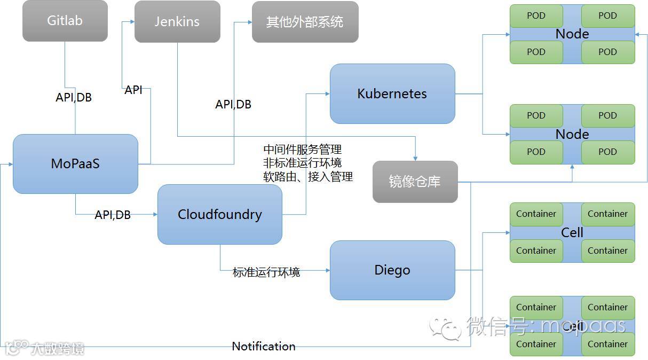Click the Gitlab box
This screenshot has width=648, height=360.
(65, 21)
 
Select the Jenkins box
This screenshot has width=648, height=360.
(177, 21)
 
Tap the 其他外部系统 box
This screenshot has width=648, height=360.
(305, 22)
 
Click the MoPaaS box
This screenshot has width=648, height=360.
(75, 164)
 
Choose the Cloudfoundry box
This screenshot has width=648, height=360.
(219, 214)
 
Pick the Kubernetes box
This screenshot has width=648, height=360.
(392, 93)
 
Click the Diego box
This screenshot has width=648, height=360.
(392, 270)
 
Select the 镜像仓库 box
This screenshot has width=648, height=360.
(415, 182)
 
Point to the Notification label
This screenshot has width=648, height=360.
(264, 346)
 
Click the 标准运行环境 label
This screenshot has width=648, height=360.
(266, 272)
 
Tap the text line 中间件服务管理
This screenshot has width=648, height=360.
(302, 149)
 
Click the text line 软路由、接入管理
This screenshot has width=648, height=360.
(308, 176)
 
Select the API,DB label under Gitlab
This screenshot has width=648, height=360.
(74, 97)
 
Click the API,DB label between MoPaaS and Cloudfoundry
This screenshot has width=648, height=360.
(113, 215)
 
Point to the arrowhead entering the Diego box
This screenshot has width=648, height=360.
(327, 270)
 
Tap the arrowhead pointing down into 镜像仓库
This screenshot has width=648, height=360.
(415, 158)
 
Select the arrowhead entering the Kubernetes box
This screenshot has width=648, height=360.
(327, 93)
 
